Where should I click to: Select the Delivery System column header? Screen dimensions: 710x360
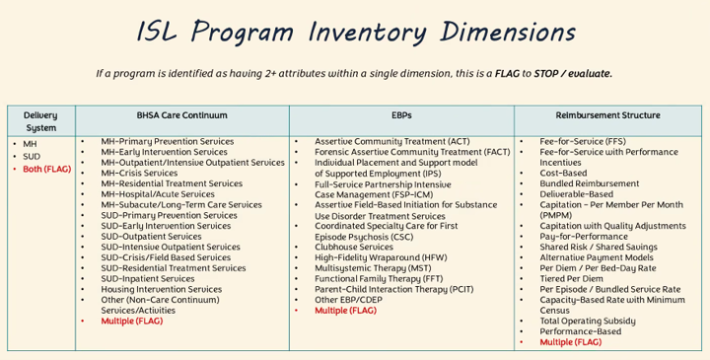(40, 121)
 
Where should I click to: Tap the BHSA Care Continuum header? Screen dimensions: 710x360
(182, 115)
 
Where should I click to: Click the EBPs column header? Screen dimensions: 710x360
(401, 115)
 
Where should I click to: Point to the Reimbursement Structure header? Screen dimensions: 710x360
(607, 115)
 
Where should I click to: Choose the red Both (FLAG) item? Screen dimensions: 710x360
(47, 170)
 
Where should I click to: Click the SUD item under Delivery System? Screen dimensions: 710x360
(32, 157)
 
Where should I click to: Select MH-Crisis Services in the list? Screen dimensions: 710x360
(139, 173)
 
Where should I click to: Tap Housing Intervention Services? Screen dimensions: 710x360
(161, 289)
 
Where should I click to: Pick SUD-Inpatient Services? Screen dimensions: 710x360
(148, 279)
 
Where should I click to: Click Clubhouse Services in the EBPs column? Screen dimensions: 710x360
(354, 248)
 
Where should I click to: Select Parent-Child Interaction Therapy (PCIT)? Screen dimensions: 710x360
(393, 289)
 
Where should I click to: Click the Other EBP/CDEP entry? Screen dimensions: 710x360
(348, 300)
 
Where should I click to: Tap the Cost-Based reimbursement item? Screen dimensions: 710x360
(563, 173)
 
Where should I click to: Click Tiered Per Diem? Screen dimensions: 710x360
(571, 279)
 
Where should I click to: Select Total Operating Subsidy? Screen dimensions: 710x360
(588, 322)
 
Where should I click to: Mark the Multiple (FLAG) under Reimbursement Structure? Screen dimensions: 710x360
(571, 342)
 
